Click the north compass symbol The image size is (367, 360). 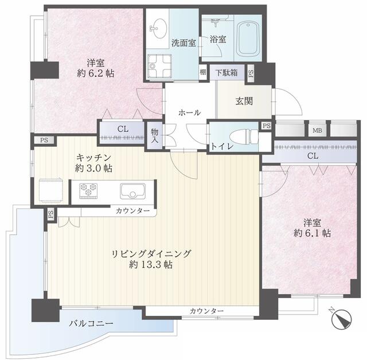point(342,319)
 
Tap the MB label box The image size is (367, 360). point(317,130)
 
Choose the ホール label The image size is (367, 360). point(189,112)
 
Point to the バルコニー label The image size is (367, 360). point(91,323)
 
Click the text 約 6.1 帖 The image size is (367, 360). point(312,233)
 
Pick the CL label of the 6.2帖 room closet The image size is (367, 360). point(122,129)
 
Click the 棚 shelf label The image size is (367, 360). point(203,72)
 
